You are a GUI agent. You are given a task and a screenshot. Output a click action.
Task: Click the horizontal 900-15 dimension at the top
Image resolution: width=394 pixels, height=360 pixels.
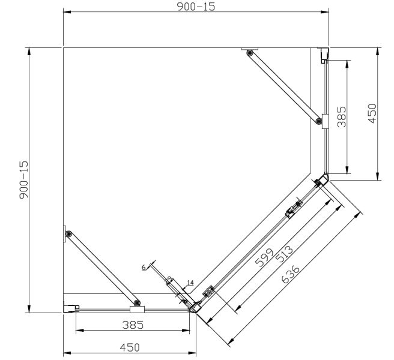click(195, 7)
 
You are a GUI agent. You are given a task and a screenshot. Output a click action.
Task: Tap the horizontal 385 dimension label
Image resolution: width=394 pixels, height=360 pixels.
click(132, 325)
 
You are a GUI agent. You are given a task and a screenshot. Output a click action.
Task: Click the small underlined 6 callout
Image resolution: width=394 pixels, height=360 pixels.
click(144, 268)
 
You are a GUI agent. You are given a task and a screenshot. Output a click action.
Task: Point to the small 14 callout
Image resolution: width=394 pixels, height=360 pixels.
click(190, 283)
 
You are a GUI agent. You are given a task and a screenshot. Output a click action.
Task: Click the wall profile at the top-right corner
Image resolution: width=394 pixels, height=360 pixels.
click(324, 55)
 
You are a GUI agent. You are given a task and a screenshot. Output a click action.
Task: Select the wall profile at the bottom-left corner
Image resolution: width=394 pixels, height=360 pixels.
click(71, 308)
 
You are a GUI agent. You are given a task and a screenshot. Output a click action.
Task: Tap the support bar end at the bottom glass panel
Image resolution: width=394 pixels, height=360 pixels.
click(138, 304)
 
